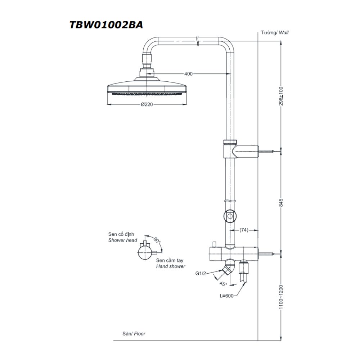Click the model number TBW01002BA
point(106,25)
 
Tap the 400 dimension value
point(188,74)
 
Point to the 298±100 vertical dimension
point(282,96)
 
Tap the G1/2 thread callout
point(200,274)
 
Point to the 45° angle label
point(223,284)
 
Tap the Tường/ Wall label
point(275,32)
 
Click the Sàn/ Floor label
point(134,334)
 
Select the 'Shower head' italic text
point(122,240)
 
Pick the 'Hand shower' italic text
point(171,266)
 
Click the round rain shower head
point(147,88)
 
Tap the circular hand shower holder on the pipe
point(229,216)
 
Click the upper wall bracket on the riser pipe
point(240,151)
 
